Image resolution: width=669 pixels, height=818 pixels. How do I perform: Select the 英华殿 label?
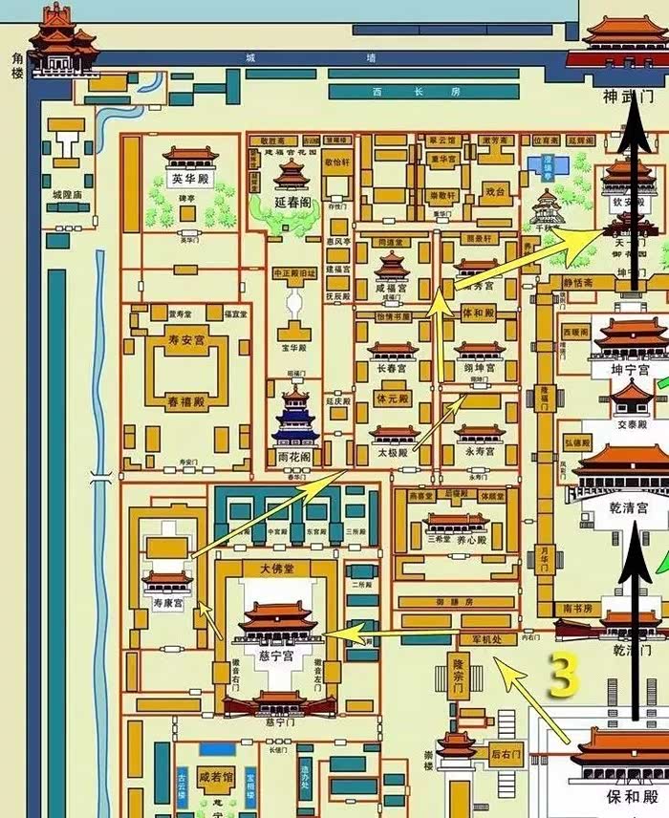tap(190, 179)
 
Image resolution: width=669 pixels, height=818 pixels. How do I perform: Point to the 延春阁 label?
tap(292, 203)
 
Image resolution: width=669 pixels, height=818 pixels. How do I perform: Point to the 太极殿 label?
tap(393, 451)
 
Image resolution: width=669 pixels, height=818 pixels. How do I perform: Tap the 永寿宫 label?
tap(479, 451)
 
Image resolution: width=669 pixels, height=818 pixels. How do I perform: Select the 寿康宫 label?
tap(166, 603)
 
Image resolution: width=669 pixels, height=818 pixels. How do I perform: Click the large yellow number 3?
tap(564, 676)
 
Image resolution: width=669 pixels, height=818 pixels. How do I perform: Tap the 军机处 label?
tap(487, 638)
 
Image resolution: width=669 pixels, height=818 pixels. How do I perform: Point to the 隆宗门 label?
tap(460, 676)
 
